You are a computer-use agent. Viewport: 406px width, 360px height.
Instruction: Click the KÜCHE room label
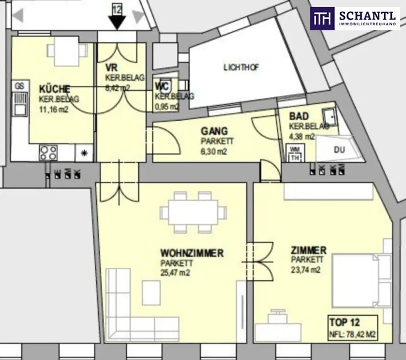point(55,89)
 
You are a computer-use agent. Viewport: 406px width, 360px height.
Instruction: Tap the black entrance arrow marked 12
point(117,19)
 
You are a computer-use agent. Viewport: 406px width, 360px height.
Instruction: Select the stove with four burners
point(48,153)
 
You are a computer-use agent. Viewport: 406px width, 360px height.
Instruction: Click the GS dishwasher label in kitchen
point(19,85)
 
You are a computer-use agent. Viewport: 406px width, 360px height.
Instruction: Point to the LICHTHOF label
point(241,67)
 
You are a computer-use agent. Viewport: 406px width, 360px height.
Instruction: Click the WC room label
point(163,86)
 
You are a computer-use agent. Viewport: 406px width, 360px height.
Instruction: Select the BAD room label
point(299,116)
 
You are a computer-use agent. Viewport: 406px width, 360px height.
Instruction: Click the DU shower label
point(339,150)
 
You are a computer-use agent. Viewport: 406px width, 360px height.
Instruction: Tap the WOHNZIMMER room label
point(192,253)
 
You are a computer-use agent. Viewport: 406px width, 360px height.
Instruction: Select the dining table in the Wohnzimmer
point(193,212)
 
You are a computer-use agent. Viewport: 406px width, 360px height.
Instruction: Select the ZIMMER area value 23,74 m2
point(306,270)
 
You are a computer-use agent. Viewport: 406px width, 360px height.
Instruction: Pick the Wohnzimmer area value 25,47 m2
point(175,272)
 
